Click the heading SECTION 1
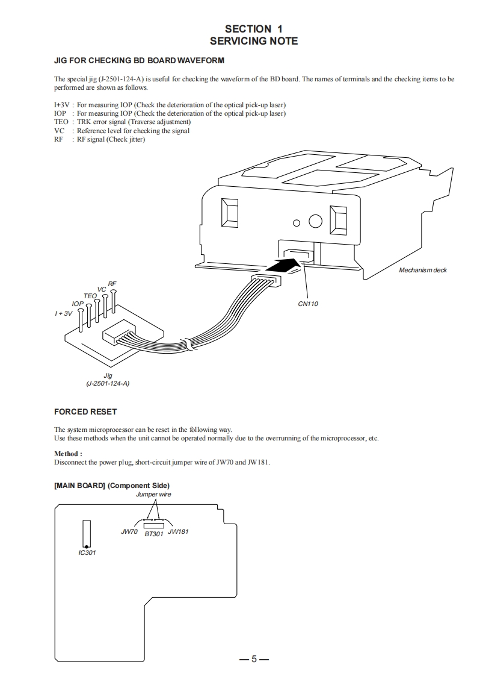tap(253, 28)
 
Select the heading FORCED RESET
tap(85, 412)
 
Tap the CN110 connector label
tap(308, 304)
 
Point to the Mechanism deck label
tap(423, 270)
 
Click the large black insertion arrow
tap(283, 264)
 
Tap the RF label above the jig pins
tap(112, 284)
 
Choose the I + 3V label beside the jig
tap(63, 313)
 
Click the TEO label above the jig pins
tap(90, 296)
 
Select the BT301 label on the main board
tap(154, 534)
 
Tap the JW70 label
tap(129, 532)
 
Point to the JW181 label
tap(178, 532)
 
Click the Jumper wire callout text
tap(153, 494)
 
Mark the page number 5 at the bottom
tap(254, 659)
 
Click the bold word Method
tap(67, 454)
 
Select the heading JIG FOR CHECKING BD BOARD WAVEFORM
tap(139, 60)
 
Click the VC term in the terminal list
tap(59, 131)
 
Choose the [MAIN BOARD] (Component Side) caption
tap(112, 485)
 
